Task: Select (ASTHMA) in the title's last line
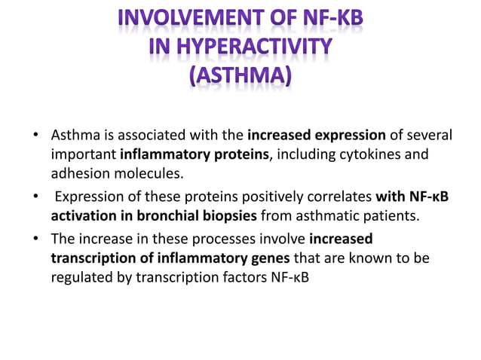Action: tap(240, 78)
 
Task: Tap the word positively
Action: tap(250, 199)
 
